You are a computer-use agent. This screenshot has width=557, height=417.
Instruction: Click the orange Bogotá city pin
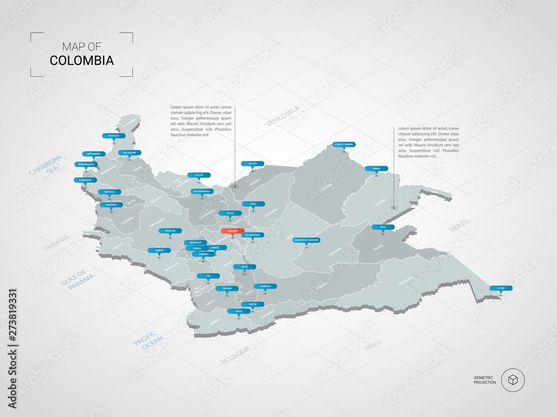(232, 230)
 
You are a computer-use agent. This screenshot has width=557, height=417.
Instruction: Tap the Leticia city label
(501, 288)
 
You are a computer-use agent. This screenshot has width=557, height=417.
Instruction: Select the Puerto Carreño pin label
(344, 144)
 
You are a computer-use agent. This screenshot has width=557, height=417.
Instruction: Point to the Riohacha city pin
(113, 135)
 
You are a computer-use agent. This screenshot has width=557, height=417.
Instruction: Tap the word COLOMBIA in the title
(81, 60)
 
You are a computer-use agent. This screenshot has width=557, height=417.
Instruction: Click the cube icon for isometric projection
(512, 380)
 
